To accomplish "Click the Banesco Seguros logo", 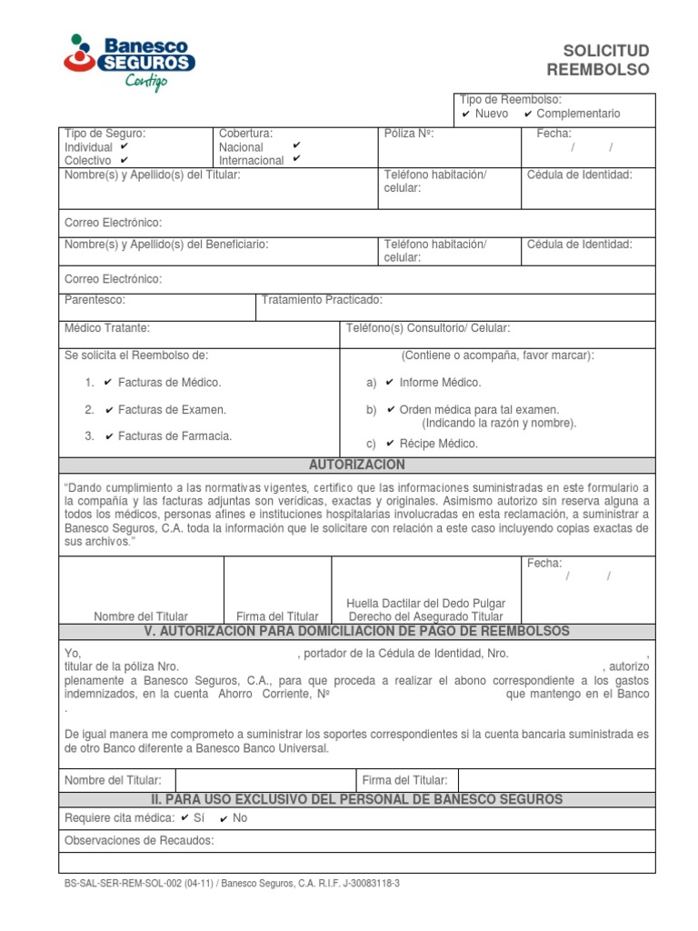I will click(129, 62).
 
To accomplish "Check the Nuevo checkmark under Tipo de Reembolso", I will click(466, 115).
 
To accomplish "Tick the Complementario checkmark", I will click(528, 115).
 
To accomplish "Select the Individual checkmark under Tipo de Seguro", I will click(124, 146).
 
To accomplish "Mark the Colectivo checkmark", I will click(125, 160).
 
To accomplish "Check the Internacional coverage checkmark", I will click(296, 159).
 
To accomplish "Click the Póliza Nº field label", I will click(409, 134).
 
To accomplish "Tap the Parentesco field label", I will click(95, 300).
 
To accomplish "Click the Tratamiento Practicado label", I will click(322, 300).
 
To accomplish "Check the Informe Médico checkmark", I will click(390, 383).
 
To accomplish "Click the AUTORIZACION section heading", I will click(357, 465).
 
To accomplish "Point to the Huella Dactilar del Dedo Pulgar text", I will click(426, 603).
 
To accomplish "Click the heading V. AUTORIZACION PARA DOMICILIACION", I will click(357, 631).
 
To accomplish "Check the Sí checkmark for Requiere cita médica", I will click(185, 817).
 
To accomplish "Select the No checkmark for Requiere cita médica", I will click(224, 818).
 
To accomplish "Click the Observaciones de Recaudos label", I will click(139, 840).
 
